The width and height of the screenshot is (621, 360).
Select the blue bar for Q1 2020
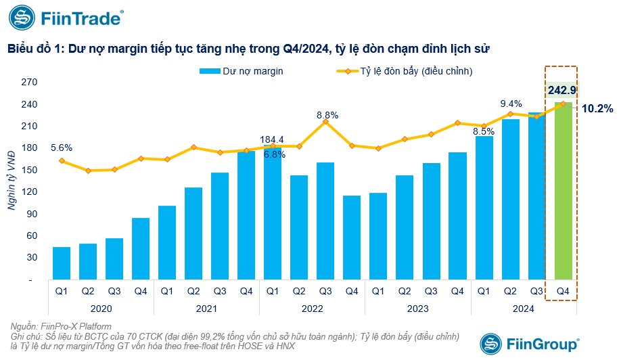(62, 263)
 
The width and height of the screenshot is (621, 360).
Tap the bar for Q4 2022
(352, 238)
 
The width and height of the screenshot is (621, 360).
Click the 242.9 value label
(562, 90)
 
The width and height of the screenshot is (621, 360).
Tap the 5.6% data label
(61, 148)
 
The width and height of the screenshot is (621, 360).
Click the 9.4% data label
(511, 104)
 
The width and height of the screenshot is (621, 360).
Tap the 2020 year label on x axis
(101, 308)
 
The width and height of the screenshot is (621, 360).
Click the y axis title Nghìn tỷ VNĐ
(13, 181)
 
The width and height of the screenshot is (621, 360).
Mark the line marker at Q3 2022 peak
(325, 121)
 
